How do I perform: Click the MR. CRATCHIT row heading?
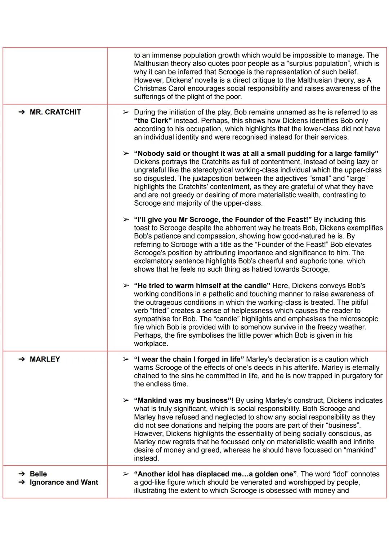[x=55, y=112]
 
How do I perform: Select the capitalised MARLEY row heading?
[x=45, y=359]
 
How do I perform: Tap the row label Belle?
[x=38, y=474]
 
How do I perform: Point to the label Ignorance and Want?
[x=64, y=482]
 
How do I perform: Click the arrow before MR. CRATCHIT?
[x=22, y=112]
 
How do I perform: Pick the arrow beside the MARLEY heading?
[x=22, y=359]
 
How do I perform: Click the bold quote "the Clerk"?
[x=153, y=120]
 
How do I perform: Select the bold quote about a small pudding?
[x=256, y=154]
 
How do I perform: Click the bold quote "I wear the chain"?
[x=189, y=359]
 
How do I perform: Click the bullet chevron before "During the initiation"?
[x=126, y=112]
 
